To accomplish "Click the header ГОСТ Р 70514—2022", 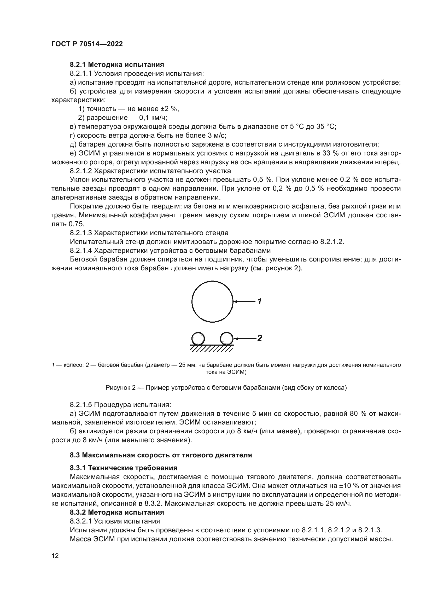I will click(x=87, y=44).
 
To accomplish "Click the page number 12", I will click(x=55, y=556).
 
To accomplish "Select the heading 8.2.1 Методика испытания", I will click(x=117, y=65).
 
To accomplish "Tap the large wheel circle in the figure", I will click(x=212, y=301).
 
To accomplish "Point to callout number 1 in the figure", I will click(x=260, y=301).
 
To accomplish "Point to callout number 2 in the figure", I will click(x=260, y=338).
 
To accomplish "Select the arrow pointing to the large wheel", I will click(x=244, y=301).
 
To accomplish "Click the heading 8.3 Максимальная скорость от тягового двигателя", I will click(x=161, y=455).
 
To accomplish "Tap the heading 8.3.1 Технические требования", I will click(x=124, y=468).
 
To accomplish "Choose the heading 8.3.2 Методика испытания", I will click(x=117, y=512).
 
